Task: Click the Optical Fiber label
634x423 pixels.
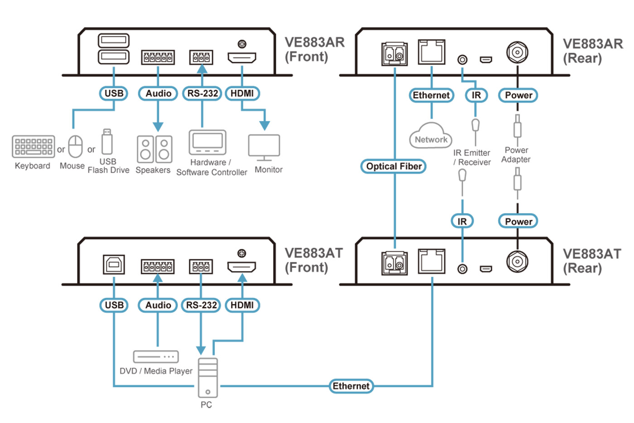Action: (394, 166)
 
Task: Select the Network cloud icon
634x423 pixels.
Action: (431, 136)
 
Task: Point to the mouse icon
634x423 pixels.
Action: (76, 146)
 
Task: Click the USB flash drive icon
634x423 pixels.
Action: (107, 141)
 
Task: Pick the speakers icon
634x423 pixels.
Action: (154, 149)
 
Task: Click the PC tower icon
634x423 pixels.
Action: (208, 378)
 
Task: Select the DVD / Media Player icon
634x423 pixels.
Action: (156, 356)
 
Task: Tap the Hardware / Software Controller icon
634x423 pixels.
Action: (207, 142)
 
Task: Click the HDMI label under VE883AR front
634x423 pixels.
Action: (242, 93)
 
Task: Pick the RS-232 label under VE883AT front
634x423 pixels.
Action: (201, 305)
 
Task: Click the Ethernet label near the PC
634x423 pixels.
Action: (351, 386)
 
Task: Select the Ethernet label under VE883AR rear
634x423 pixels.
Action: (431, 95)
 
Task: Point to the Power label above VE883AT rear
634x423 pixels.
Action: (518, 221)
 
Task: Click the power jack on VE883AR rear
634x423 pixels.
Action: (517, 53)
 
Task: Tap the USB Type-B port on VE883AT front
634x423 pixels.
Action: (114, 264)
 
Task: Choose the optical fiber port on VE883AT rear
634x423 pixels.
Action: (394, 263)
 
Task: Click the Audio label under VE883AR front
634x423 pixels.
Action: (158, 93)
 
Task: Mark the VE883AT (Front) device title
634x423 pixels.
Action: (313, 260)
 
